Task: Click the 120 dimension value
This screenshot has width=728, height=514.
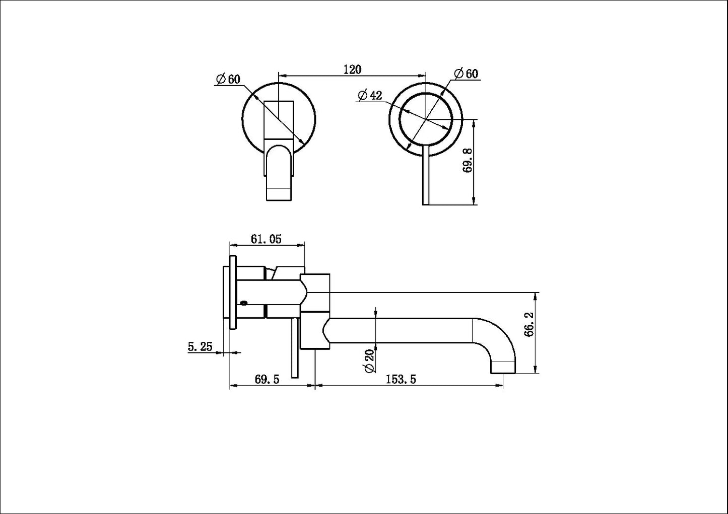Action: (352, 69)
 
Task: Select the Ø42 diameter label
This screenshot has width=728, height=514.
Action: (370, 95)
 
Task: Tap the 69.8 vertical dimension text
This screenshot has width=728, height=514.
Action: (467, 161)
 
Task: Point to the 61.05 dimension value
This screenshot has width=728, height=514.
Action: (266, 239)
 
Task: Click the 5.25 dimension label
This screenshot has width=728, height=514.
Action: (201, 346)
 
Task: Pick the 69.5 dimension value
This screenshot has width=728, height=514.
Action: (267, 380)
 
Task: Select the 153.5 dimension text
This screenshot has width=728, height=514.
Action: (401, 380)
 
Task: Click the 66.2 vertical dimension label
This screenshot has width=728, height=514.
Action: (529, 332)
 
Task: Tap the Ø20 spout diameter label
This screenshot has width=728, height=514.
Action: (370, 360)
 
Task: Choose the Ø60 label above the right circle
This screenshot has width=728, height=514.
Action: (466, 74)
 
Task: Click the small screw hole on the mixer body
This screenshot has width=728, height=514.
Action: (244, 303)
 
